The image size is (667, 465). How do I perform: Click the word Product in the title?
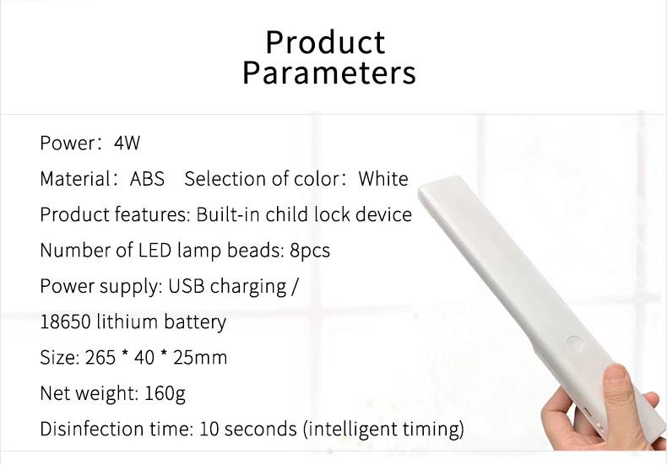tap(326, 42)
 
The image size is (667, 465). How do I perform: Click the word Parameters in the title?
tap(328, 73)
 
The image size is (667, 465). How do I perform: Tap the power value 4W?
tap(127, 143)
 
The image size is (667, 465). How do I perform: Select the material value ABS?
tap(147, 179)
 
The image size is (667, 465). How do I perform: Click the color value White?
tap(383, 179)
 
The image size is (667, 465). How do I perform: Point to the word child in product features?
tap(288, 214)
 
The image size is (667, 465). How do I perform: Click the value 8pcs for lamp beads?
tap(310, 251)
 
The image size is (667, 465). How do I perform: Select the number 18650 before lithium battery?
tap(65, 322)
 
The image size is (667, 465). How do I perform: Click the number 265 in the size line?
tap(100, 358)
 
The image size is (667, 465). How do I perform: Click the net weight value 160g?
tap(165, 393)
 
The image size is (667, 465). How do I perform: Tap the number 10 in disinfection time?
tap(209, 429)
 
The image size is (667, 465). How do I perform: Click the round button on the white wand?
tap(575, 343)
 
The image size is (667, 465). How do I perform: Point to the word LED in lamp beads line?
tap(155, 251)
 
